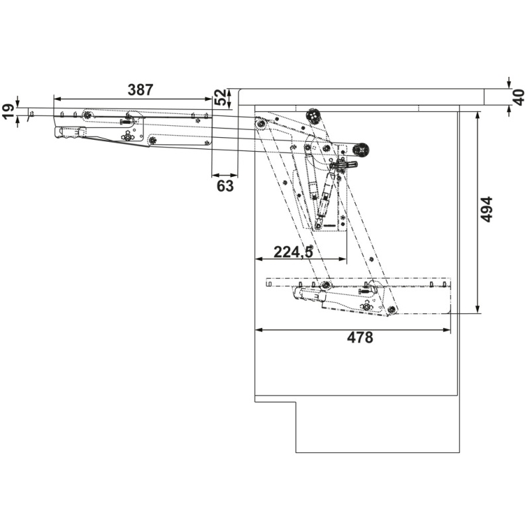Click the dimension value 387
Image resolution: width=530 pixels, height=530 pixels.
point(140,90)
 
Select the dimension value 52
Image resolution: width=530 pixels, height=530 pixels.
point(220,97)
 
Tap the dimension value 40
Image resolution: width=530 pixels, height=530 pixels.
point(519,97)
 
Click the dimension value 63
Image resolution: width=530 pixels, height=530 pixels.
point(225,186)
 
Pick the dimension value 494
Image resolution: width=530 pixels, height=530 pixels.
point(486,209)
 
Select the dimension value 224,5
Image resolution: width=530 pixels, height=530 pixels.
point(293,252)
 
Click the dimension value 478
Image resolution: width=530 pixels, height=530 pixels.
point(360,337)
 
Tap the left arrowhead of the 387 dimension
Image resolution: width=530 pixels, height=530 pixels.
point(57,99)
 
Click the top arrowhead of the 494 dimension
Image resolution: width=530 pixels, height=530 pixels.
point(477,115)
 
